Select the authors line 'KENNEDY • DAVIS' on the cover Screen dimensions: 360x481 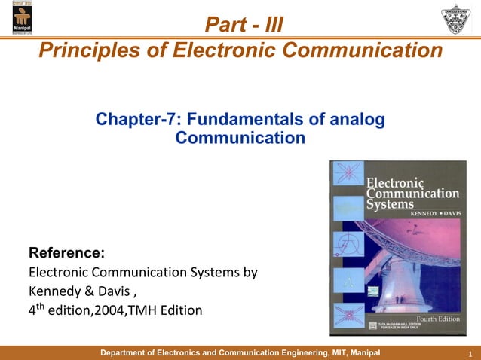point(434,215)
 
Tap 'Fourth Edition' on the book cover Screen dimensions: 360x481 point(438,319)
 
